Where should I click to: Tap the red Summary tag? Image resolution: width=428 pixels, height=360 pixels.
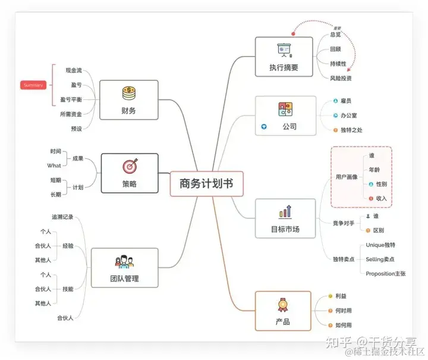[33, 85]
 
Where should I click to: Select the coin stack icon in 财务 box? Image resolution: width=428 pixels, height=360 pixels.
[129, 93]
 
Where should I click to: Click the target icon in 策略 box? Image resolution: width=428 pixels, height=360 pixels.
[129, 167]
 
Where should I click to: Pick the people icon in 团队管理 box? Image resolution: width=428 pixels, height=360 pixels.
[124, 261]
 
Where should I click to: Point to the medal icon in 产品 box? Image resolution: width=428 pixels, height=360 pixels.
[282, 305]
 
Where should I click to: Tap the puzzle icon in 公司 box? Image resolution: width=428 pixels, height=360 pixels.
[284, 109]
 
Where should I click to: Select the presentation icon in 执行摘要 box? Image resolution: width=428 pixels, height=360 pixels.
[283, 50]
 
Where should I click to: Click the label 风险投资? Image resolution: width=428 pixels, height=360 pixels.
[341, 78]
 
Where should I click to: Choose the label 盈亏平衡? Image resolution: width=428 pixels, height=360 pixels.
[71, 99]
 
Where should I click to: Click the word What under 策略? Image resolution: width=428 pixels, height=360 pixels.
[53, 165]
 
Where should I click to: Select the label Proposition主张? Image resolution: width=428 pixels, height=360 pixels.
[385, 273]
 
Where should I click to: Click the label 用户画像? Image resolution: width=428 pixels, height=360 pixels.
[346, 177]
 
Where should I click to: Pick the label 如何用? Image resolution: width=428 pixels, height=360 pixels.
[343, 325]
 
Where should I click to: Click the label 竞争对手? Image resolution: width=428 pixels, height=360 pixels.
[343, 223]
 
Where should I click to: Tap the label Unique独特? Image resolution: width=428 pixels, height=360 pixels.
[380, 245]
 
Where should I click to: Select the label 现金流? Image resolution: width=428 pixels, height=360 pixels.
[73, 70]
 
